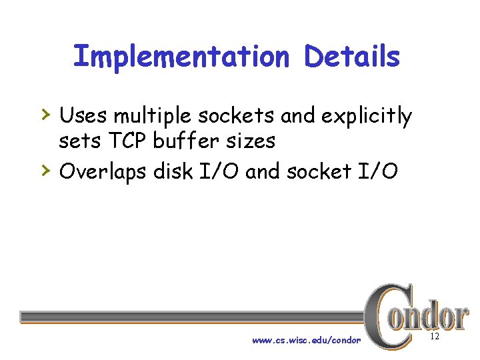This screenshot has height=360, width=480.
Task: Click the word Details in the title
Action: pos(352,57)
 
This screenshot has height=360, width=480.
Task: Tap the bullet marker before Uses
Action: pos(45,114)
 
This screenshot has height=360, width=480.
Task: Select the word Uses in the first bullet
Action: pos(84,116)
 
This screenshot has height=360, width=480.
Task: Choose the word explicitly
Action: pos(367,117)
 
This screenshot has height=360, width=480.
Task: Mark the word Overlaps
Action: pos(103,172)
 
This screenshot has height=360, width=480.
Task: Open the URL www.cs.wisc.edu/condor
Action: pos(306,340)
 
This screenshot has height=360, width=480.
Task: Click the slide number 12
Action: pos(435,337)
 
